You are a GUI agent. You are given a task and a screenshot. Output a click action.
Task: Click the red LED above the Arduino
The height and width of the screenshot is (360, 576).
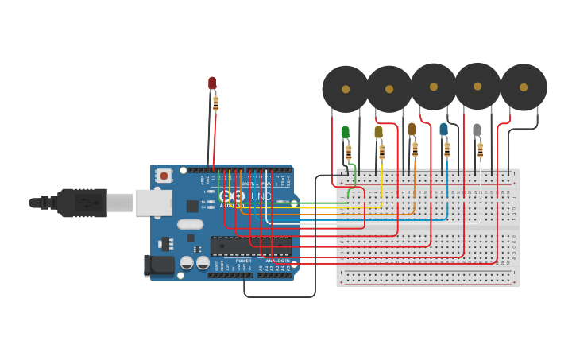[212, 83]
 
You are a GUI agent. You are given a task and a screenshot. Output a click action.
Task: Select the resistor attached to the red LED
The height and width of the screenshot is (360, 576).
[215, 103]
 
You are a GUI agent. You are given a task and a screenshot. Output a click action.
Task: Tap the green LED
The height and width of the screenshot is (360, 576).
[345, 132]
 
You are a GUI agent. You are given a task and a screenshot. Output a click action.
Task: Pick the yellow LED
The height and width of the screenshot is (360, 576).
[378, 132]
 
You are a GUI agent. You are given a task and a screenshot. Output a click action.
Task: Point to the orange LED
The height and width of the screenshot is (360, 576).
[412, 129]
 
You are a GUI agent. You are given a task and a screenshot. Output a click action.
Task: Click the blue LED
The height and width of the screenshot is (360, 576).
[444, 129]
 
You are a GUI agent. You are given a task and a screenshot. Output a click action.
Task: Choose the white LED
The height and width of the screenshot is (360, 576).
[477, 130]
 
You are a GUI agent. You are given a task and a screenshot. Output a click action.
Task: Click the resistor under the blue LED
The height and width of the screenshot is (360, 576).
[447, 149]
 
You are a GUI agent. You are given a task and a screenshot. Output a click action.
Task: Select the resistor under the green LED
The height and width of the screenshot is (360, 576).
[348, 153]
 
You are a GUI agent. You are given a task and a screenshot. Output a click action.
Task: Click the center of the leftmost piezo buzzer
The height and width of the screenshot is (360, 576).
[346, 89]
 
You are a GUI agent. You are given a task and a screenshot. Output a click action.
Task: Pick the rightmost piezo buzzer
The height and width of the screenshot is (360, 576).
[524, 87]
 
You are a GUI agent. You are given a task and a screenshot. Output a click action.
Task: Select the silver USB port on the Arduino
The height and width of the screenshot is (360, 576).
[153, 203]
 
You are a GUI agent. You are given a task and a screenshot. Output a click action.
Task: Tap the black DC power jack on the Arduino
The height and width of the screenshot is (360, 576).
[159, 265]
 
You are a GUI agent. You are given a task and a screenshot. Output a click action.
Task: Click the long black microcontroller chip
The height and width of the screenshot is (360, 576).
[250, 246]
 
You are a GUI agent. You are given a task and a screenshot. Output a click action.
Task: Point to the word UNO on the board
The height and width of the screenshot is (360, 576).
[261, 196]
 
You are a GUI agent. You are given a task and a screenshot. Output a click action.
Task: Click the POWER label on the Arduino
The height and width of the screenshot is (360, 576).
[243, 261]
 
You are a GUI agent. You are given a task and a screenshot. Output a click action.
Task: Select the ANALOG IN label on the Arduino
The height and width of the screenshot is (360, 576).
[278, 261]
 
